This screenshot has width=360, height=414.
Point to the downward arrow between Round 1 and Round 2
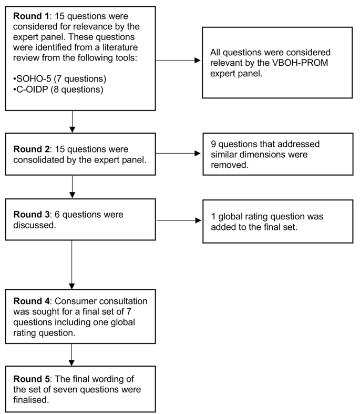(x=72, y=122)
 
